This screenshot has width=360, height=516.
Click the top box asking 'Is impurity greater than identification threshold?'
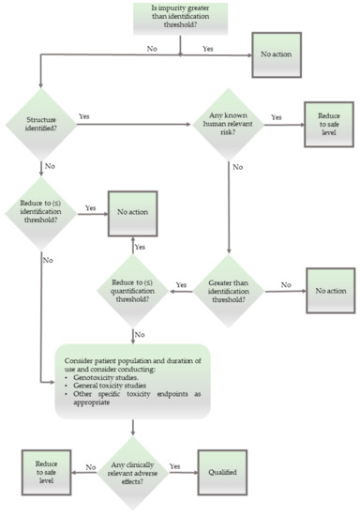click(x=180, y=19)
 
